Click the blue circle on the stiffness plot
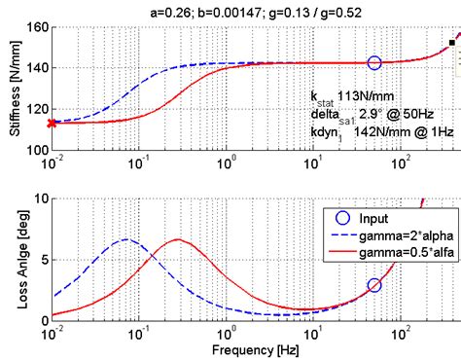coord(374,62)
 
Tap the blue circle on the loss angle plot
coord(374,285)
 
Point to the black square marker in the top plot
coord(451,43)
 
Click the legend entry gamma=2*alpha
coord(398,234)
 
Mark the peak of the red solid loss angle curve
coord(177,239)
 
